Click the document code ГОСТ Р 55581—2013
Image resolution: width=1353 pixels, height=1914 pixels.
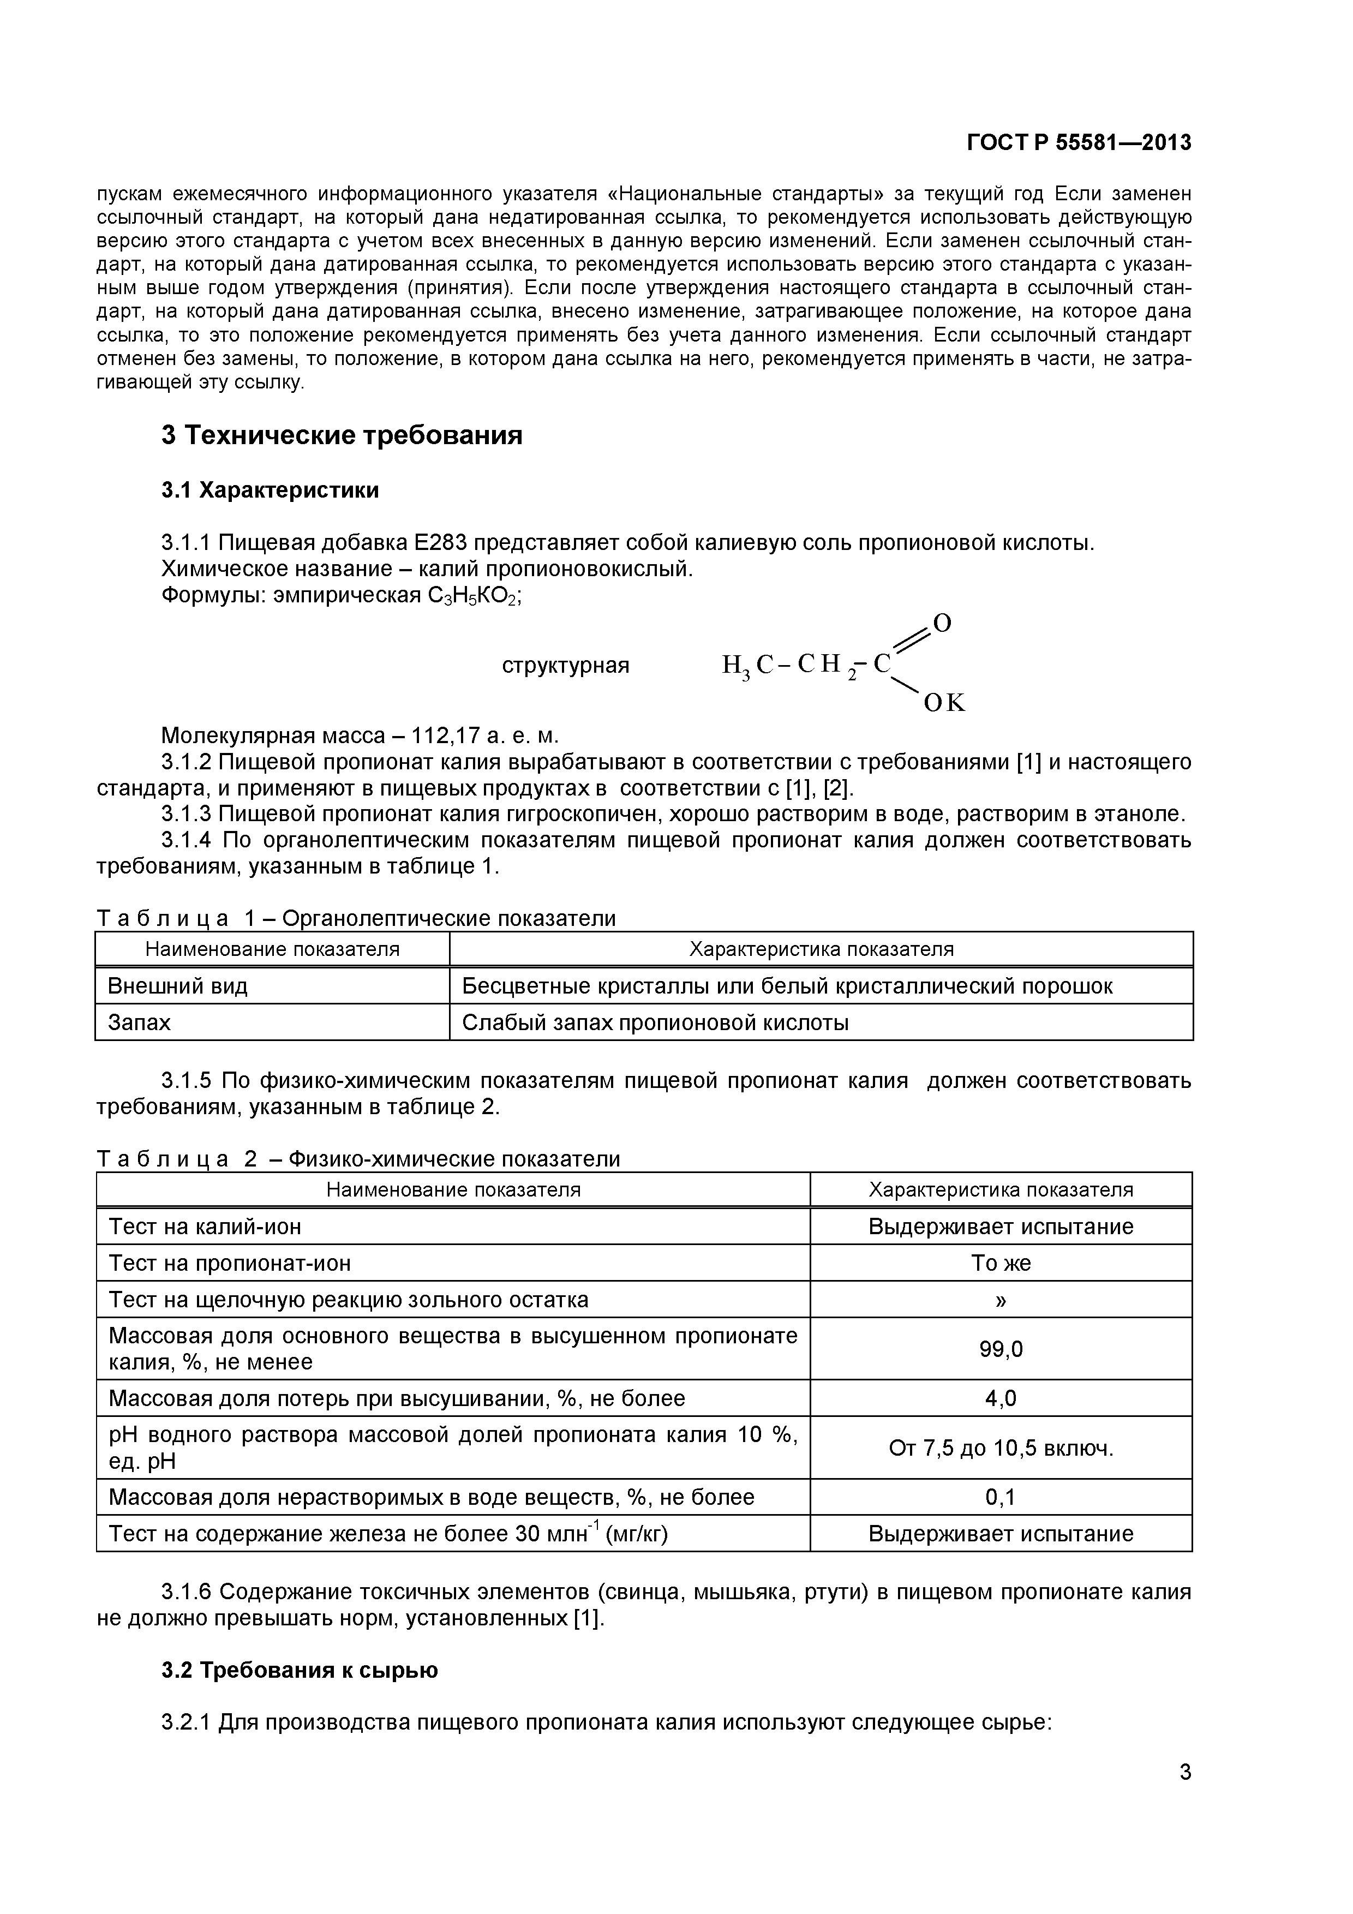1079,143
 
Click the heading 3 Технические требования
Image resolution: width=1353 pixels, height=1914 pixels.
342,435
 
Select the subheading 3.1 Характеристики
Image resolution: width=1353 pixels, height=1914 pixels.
270,490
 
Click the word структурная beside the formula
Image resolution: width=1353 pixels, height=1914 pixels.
565,665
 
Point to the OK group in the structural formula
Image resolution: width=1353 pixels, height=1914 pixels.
944,704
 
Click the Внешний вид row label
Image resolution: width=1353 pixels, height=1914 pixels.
177,986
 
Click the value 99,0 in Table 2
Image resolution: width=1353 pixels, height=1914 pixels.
1001,1349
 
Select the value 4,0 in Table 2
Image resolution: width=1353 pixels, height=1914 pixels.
1001,1398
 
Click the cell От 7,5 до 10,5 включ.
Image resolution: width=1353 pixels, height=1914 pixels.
1001,1448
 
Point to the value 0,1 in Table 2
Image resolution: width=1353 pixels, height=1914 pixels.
1001,1497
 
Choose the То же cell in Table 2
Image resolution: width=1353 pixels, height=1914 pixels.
1001,1263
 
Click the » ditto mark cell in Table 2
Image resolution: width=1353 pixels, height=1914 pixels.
1001,1300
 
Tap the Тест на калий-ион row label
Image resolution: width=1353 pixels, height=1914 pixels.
205,1227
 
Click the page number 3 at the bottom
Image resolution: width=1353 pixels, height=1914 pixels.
1184,1796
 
